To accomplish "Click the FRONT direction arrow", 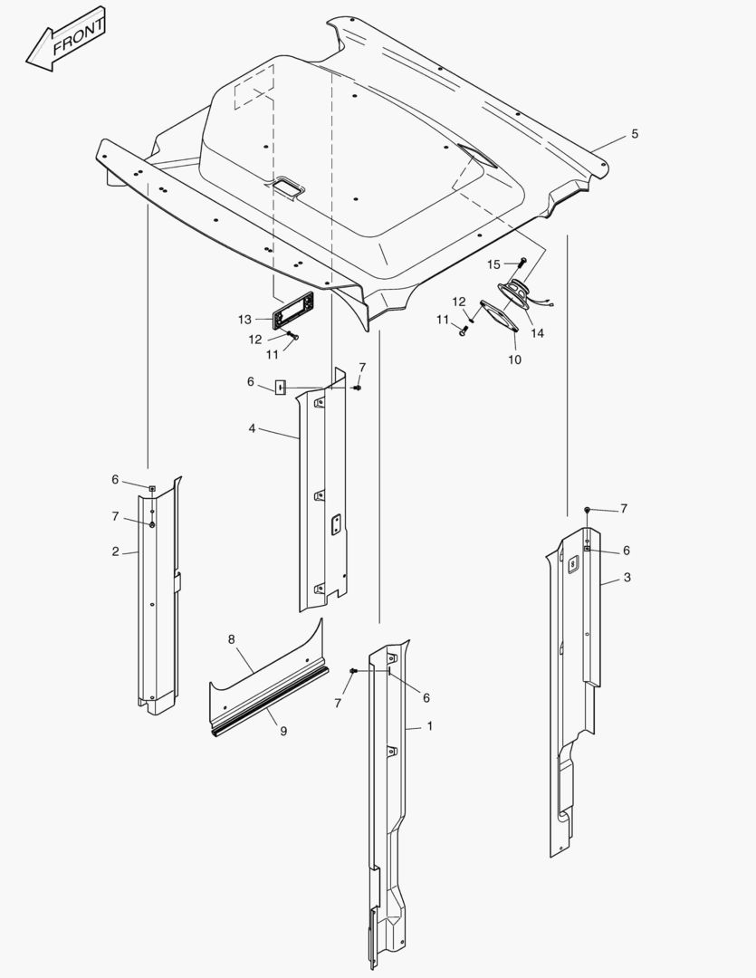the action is (65, 39).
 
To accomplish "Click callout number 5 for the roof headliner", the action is (635, 133).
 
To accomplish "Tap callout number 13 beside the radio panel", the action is (244, 320).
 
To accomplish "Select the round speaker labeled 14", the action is (514, 294).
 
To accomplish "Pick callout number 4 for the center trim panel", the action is (252, 428).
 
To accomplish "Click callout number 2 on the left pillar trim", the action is (115, 551).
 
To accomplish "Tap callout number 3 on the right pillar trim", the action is (627, 578).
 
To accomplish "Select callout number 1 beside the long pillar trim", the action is (429, 726).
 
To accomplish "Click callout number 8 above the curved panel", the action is (232, 639).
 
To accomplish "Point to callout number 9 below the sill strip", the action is (283, 731).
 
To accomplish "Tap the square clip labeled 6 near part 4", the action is (280, 388).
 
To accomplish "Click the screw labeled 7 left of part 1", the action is (354, 670).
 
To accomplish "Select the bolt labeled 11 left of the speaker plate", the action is (463, 331).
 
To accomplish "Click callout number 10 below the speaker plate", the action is (514, 360).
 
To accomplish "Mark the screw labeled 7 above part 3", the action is (587, 510).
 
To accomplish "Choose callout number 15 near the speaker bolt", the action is (493, 264).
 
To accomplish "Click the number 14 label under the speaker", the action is (537, 333).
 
